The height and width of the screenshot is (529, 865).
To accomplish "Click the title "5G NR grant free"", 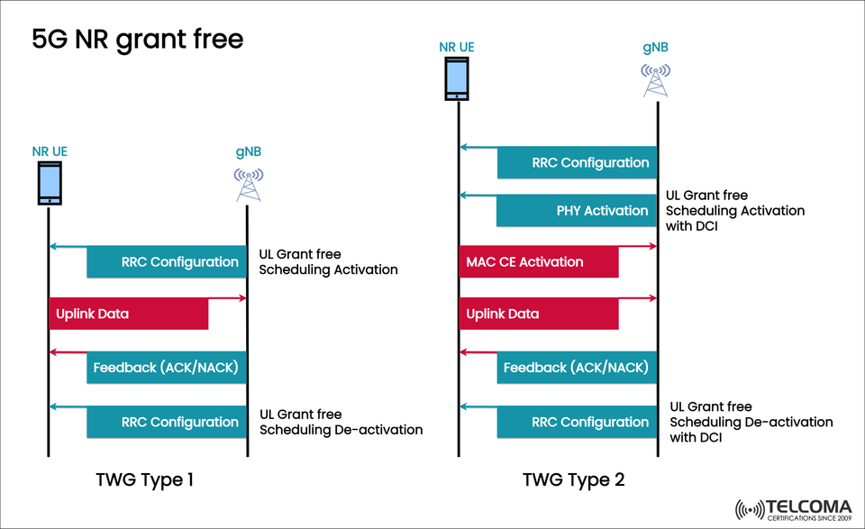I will coord(137,40).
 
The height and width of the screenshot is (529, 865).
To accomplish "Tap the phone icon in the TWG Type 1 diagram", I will coord(49,183).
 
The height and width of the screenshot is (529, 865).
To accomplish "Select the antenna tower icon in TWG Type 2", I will coord(655,80).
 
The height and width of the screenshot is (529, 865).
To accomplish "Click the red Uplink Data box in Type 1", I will coord(128,314).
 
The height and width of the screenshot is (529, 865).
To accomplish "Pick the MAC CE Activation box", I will coord(538,261).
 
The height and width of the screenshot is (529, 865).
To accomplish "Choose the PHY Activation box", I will coord(577,210).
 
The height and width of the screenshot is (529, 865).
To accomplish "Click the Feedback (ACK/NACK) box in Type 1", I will coord(167,368).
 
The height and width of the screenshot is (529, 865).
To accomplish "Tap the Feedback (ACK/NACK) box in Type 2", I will coord(577,368).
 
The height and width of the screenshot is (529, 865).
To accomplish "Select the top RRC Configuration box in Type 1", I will coord(167,262).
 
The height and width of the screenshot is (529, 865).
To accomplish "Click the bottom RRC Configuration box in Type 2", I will coord(577,422).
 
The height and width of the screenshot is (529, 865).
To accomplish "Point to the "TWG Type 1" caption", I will coord(144,479).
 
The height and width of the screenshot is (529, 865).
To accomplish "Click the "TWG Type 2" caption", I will coord(573,479).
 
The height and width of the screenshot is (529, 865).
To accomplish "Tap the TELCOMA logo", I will coord(793,510).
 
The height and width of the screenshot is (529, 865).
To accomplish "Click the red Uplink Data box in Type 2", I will coord(538,314).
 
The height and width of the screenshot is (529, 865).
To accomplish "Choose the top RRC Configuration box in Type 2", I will coord(577,163).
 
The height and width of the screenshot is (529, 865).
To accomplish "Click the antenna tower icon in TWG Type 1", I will coord(246,184).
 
